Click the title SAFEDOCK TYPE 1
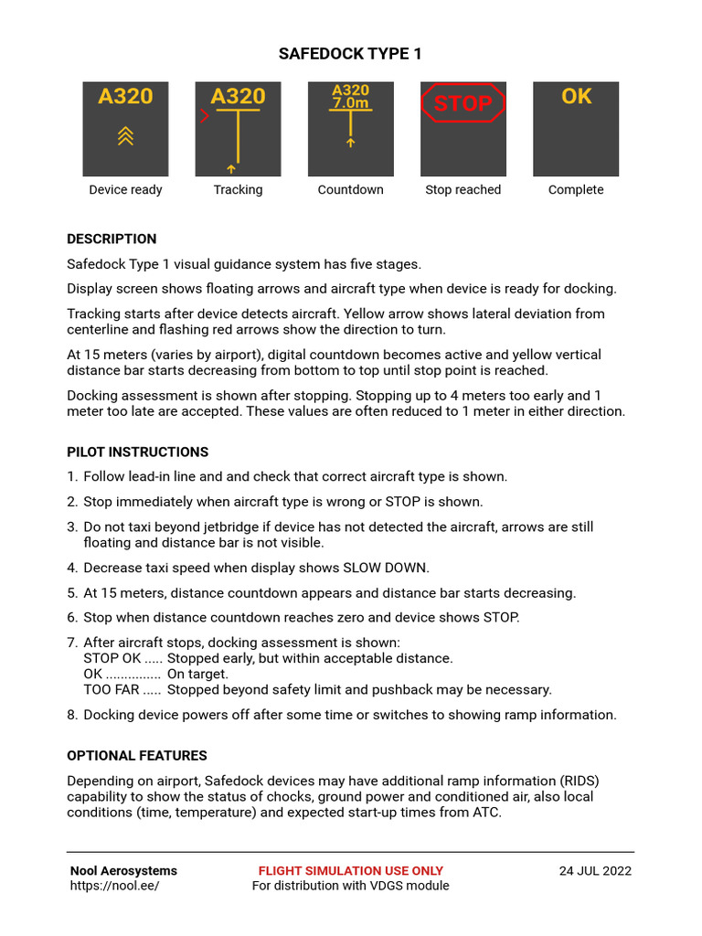pos(350,54)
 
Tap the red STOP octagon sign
pos(463,103)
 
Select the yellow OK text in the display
pos(576,97)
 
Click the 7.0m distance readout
pos(350,104)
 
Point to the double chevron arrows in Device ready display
pos(125,136)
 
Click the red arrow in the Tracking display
pos(204,116)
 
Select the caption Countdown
pos(350,190)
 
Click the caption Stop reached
pos(463,190)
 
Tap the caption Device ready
pos(125,190)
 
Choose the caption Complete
pos(576,190)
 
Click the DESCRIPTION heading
pos(112,239)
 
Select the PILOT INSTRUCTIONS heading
pos(137,452)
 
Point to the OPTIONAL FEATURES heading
pos(137,756)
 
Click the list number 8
pos(71,715)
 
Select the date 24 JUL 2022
pos(595,871)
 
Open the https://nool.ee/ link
pos(114,886)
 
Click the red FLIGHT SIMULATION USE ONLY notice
pos(350,871)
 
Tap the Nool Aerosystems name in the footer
pos(123,871)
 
